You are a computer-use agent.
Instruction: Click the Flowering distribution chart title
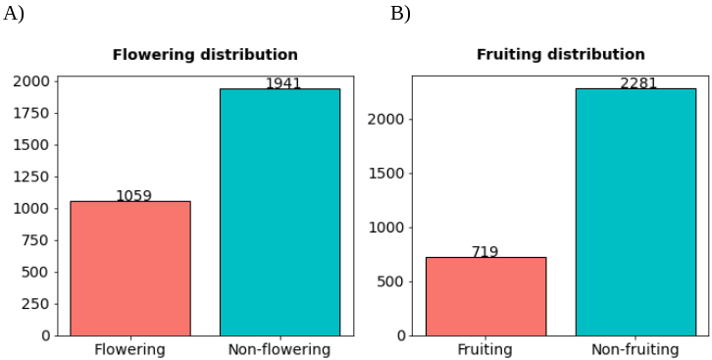pos(205,55)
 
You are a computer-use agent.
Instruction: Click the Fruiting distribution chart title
pos(560,55)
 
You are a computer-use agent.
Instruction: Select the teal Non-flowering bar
pos(280,212)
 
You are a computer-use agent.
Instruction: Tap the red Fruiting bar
pos(485,296)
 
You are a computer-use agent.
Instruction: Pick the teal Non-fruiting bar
pos(636,212)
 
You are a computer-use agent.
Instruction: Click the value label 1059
pos(133,195)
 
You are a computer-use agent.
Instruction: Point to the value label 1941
pos(283,83)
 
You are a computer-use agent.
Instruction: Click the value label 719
pos(484,252)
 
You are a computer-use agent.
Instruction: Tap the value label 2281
pos(638,83)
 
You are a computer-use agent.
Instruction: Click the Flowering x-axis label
pos(129,349)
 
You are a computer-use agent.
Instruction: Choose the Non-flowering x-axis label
pos(280,349)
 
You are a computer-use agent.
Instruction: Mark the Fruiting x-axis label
pos(484,349)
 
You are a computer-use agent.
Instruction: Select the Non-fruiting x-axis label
pos(636,349)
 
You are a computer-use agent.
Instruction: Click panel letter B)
pos(400,14)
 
